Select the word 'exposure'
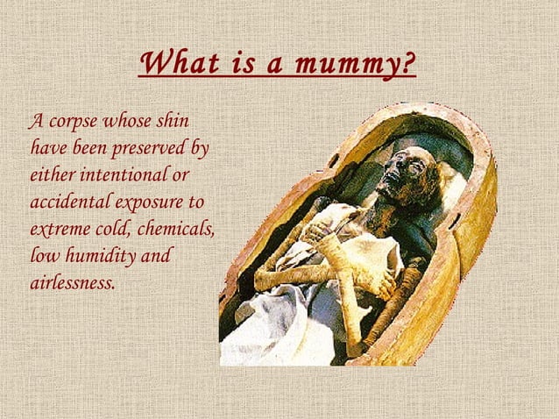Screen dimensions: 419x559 (x=159, y=202)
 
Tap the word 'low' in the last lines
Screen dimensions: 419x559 (x=42, y=257)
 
